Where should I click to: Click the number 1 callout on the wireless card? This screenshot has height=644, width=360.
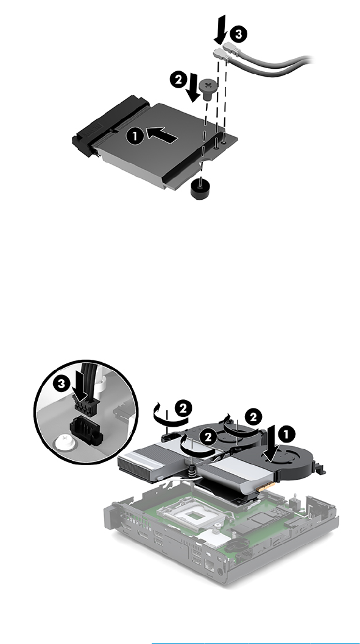135,136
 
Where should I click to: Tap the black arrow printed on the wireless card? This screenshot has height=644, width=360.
162,135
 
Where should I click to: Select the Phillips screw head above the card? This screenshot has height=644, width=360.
208,89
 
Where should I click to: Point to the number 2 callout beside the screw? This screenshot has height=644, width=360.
178,79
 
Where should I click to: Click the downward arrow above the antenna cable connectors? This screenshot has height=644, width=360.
221,29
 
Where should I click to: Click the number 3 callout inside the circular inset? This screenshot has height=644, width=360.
62,384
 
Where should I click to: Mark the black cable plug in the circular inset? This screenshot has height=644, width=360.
86,407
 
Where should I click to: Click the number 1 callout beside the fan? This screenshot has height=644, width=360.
286,435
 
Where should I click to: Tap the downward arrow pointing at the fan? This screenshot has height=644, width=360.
272,444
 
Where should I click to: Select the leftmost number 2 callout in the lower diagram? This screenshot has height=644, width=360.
183,408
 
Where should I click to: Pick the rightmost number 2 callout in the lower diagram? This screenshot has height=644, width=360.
253,418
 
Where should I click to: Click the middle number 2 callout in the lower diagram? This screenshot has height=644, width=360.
208,437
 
